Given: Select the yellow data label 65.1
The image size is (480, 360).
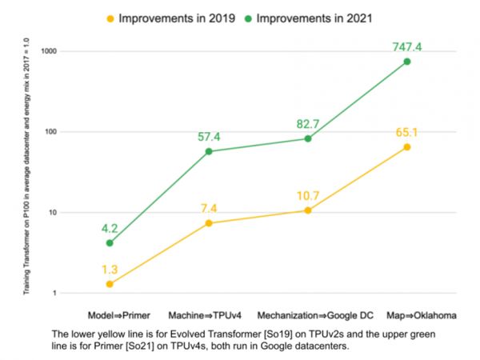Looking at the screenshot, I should [406, 132].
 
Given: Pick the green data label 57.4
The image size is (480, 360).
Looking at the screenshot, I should [209, 137].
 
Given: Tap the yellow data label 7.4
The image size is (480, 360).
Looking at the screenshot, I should [209, 208].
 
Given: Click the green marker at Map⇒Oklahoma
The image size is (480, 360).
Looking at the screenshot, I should [406, 62].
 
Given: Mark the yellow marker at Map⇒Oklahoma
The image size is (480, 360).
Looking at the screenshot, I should [406, 147].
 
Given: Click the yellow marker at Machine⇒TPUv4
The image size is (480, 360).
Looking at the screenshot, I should [209, 223].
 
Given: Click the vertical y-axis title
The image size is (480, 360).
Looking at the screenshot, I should [26, 172].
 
